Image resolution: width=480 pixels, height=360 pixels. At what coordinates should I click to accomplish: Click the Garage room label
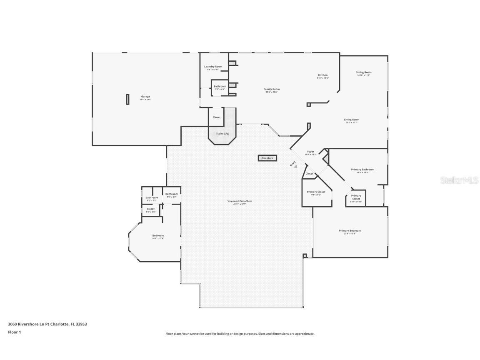(x=145, y=97)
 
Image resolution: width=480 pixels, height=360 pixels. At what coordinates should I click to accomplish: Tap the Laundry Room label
(x=213, y=67)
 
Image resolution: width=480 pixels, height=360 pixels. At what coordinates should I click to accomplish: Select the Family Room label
(x=271, y=89)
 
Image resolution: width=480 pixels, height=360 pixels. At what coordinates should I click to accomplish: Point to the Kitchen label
(x=322, y=75)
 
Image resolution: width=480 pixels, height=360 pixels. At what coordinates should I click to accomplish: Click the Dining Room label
(x=363, y=72)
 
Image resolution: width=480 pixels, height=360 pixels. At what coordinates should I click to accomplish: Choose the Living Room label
(x=352, y=120)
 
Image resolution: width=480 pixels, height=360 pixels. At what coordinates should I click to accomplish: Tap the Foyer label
(x=310, y=152)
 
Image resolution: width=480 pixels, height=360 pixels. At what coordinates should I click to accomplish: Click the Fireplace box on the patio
(x=267, y=158)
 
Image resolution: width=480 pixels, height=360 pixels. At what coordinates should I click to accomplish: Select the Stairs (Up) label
(x=222, y=134)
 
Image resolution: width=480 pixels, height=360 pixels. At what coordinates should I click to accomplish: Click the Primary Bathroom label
(x=362, y=170)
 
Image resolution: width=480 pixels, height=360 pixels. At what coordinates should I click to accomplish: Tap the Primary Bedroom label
(x=350, y=231)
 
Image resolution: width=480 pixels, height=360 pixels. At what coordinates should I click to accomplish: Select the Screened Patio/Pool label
(x=240, y=201)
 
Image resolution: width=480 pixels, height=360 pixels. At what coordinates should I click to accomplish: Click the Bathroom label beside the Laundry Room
(x=220, y=87)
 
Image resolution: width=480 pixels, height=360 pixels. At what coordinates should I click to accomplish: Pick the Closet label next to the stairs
(x=217, y=117)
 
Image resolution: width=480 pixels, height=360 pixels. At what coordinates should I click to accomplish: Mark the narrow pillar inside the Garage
(x=127, y=99)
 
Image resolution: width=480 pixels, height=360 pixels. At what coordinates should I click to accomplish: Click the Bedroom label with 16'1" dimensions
(x=158, y=236)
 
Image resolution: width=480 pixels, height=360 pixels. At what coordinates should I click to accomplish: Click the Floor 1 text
(x=14, y=332)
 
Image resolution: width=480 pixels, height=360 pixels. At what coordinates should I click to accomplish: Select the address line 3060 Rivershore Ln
(x=47, y=324)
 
